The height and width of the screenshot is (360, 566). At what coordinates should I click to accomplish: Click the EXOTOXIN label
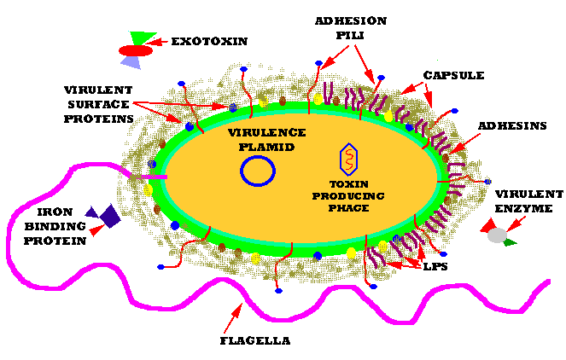coord(209,42)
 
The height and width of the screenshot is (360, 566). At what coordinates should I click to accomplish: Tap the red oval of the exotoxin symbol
coord(136,51)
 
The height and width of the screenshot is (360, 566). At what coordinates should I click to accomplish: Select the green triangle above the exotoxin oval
coord(143,38)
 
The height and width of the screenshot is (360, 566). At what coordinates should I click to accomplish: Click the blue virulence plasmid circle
coord(258,171)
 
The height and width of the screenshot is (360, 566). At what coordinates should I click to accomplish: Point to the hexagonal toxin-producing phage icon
coord(348,159)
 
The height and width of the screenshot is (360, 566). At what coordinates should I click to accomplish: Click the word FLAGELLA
coord(255,341)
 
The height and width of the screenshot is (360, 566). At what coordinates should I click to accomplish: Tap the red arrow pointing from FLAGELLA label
coord(233,318)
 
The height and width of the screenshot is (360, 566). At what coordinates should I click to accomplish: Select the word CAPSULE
coord(453,75)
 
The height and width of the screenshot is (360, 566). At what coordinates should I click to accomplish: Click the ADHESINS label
coord(512,126)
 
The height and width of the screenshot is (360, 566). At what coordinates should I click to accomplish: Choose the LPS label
coord(435,266)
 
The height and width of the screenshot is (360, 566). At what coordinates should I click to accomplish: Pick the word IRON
coord(55,212)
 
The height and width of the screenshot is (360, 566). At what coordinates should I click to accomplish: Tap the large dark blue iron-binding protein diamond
coord(110,216)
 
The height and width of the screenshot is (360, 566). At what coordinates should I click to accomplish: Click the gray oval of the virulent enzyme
coord(497,235)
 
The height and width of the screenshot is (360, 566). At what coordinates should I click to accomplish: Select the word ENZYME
coord(524,209)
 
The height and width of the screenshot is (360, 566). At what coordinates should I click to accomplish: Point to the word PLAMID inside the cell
coord(266,148)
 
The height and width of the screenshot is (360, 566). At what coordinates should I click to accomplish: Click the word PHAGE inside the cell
coord(348,208)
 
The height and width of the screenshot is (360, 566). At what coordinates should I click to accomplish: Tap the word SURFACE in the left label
coord(98,105)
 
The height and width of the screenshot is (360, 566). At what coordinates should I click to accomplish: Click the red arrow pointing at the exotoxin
coord(157,42)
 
